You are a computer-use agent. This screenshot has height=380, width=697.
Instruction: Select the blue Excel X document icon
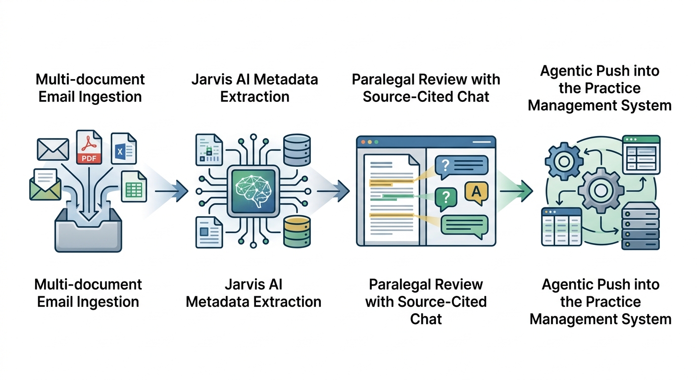point(123,148)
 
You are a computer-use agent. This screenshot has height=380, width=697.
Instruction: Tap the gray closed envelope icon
point(52,149)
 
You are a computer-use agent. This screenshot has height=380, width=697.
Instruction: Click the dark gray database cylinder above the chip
point(297,150)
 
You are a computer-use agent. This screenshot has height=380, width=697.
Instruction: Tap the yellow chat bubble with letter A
point(476,193)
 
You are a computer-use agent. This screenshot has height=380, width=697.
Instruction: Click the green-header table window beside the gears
point(641,154)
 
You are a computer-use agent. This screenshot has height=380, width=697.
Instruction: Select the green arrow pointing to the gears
point(517,190)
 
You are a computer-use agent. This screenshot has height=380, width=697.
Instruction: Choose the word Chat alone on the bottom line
point(426,319)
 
